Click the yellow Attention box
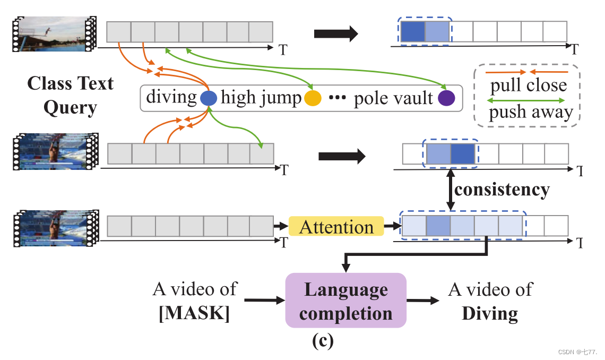coord(336,227)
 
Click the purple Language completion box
coord(345,301)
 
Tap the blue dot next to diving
coord(209,98)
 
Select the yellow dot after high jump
coord(313,98)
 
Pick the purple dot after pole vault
coord(446,98)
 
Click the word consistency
coord(502,189)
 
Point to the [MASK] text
coord(194,313)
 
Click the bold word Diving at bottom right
coord(490,313)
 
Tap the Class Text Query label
coord(70,96)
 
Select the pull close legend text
coord(528,85)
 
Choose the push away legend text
coord(531,112)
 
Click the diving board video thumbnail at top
coord(53,33)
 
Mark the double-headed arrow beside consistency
coord(450,189)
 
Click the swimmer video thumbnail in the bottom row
coord(53,227)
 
